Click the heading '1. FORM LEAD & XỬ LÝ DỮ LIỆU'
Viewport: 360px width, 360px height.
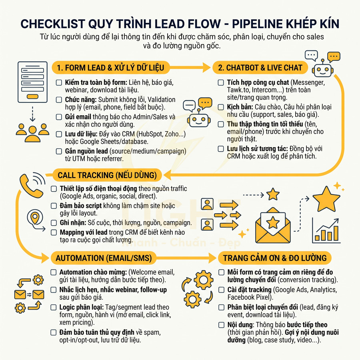[x=110, y=68]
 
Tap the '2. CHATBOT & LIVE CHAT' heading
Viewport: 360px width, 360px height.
[x=260, y=68]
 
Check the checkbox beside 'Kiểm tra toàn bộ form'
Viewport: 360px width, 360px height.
[x=58, y=83]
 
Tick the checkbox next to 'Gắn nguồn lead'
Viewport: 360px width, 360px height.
[x=58, y=151]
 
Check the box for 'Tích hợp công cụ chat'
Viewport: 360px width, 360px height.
[x=221, y=83]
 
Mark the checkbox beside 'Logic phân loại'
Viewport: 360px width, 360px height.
[x=54, y=308]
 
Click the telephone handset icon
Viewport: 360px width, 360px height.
[x=31, y=186]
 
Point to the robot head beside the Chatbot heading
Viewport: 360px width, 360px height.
[x=323, y=69]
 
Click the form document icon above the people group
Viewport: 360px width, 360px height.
[x=32, y=82]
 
